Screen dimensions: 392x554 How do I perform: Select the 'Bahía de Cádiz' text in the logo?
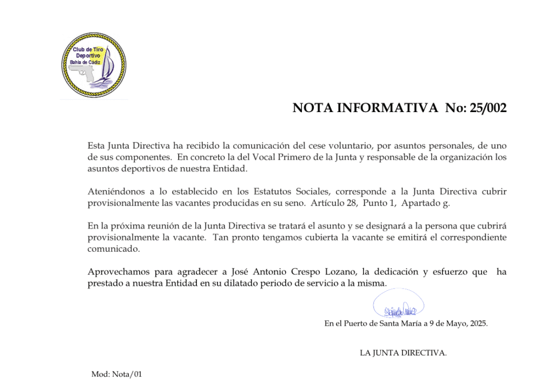tap(85, 62)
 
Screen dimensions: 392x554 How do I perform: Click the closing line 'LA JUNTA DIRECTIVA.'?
tap(404, 353)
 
